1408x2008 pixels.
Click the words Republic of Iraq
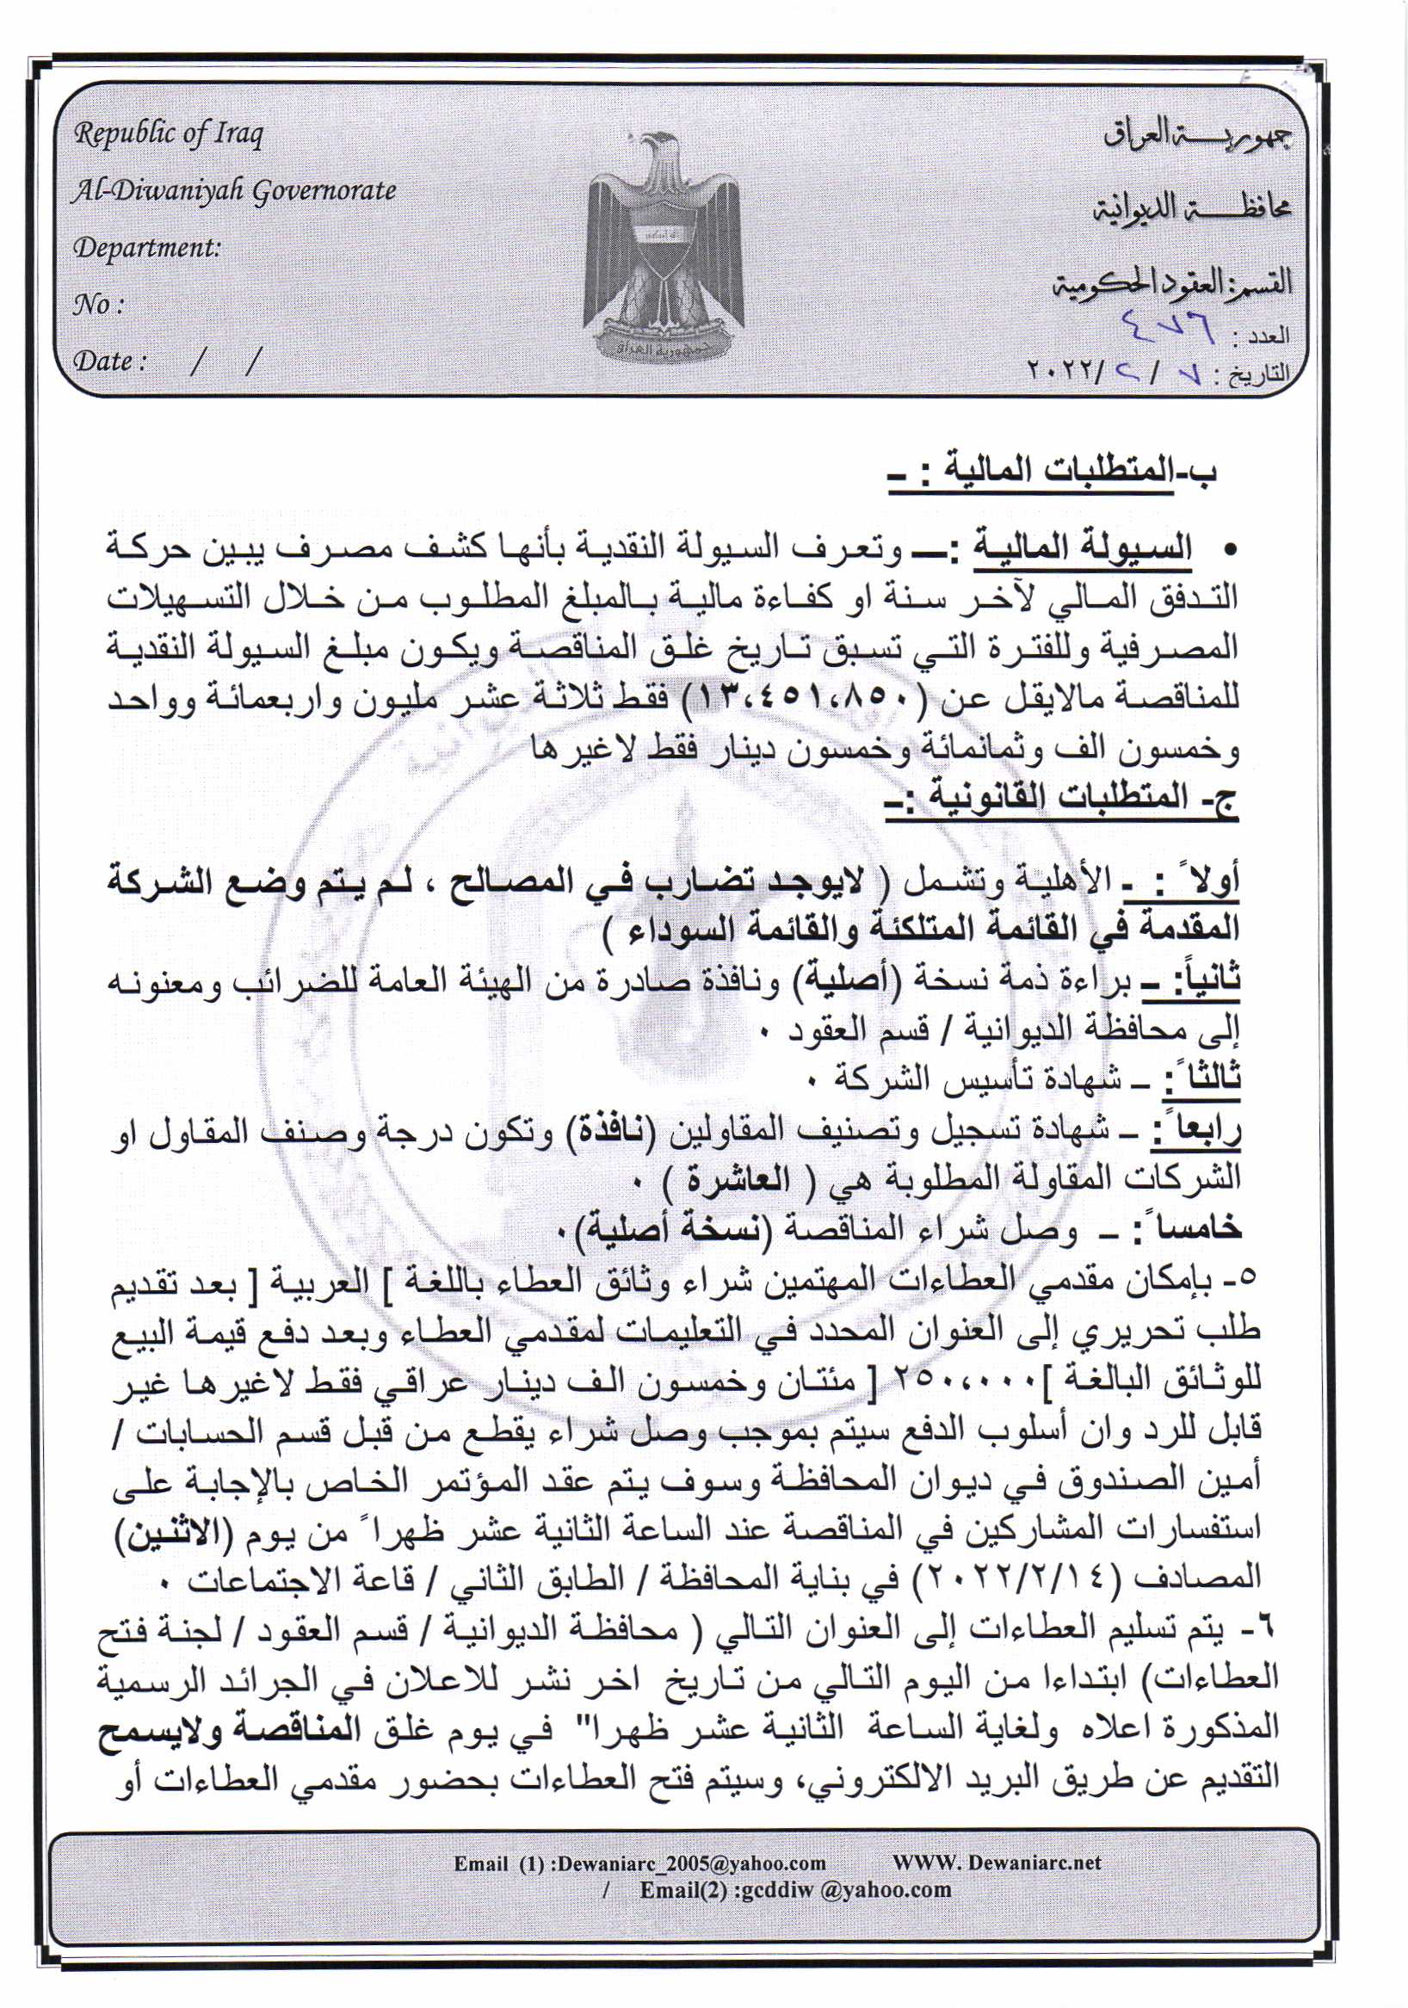pyautogui.click(x=168, y=134)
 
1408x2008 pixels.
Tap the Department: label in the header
pyautogui.click(x=147, y=248)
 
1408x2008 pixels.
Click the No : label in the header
pyautogui.click(x=97, y=305)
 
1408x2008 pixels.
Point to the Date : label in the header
pyautogui.click(x=108, y=361)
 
